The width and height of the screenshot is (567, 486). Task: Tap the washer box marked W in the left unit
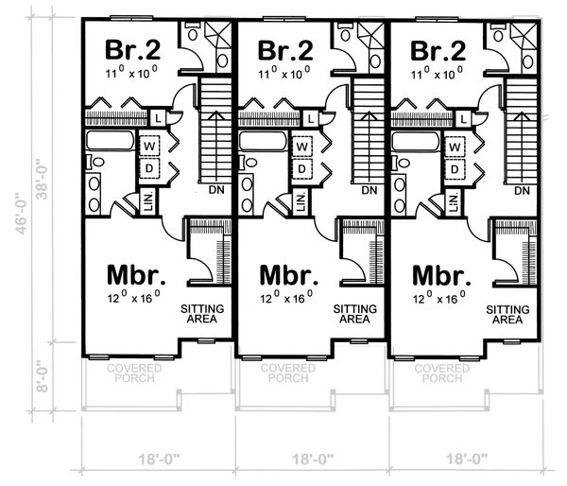click(x=149, y=148)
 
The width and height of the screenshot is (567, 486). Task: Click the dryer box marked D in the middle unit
click(x=302, y=168)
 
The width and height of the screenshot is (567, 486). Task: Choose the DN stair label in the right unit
click(x=521, y=191)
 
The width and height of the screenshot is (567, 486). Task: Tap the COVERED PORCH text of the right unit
click(x=438, y=373)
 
